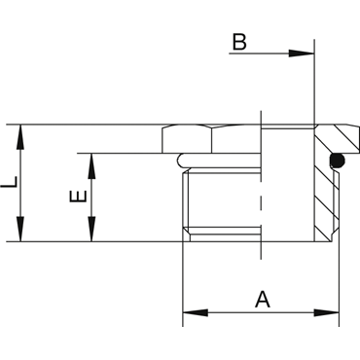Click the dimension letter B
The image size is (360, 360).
239,42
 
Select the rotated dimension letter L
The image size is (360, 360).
9,182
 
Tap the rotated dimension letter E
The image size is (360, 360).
78,197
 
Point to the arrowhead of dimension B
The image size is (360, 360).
302,54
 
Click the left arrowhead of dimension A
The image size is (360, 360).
196,313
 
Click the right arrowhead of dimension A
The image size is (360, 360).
326,313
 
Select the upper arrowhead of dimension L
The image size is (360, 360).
20,137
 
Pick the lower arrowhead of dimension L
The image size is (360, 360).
20,229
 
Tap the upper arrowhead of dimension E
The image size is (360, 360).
91,166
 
